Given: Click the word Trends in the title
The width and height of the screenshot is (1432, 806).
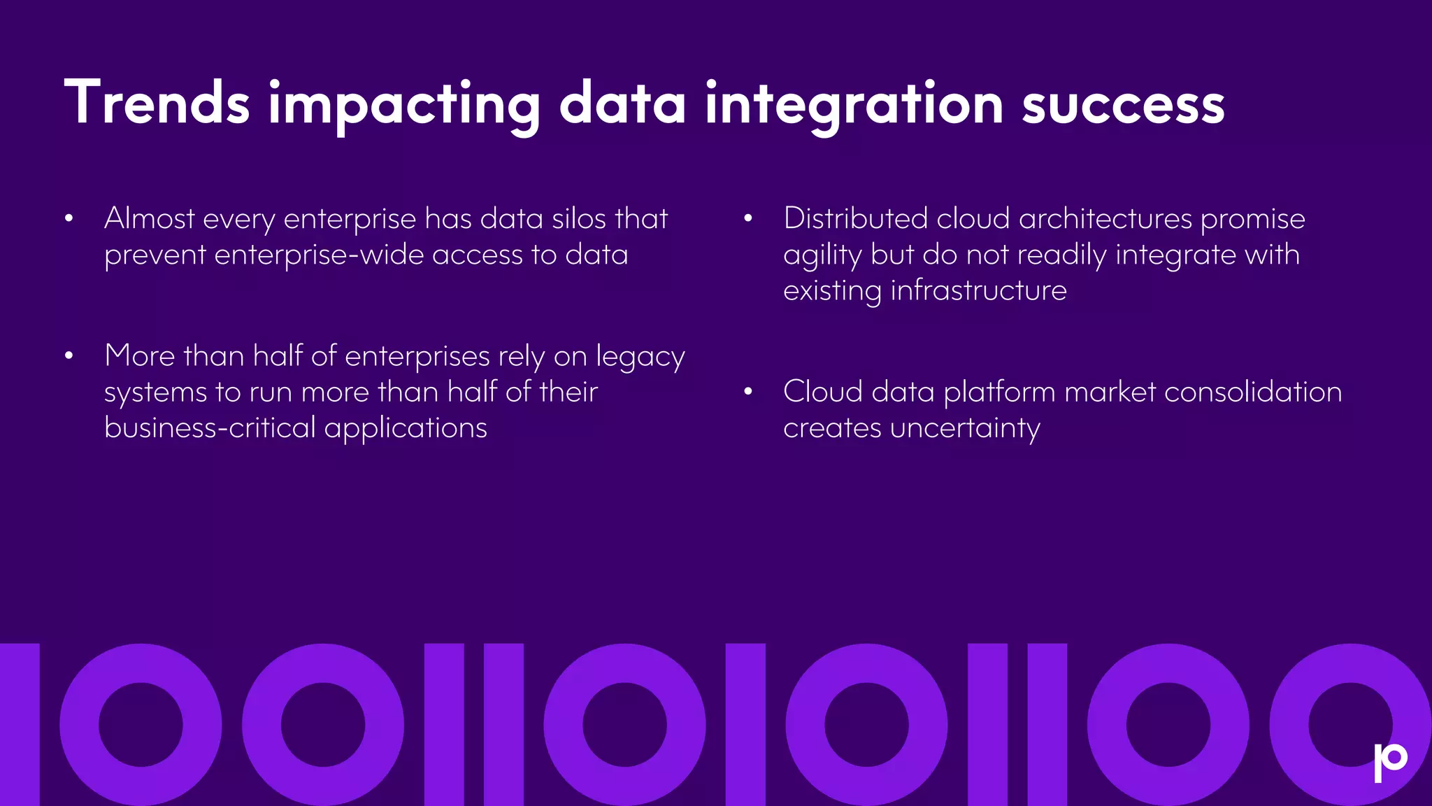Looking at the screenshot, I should [x=157, y=104].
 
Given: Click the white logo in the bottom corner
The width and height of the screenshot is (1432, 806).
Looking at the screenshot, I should [x=1390, y=762].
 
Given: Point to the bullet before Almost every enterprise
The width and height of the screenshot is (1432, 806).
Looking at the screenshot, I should [x=69, y=219].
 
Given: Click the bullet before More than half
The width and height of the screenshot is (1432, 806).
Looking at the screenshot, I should [x=69, y=356].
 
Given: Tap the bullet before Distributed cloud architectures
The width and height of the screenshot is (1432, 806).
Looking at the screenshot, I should [x=747, y=219].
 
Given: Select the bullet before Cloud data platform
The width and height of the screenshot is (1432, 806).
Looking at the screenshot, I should [x=747, y=392].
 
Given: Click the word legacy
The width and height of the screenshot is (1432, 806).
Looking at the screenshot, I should [x=640, y=358].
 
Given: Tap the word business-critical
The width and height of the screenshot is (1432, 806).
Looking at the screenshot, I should [x=210, y=427].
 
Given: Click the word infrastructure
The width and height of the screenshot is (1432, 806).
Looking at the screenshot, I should [x=978, y=290].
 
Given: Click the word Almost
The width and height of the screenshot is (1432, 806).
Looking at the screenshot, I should [x=149, y=219].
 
